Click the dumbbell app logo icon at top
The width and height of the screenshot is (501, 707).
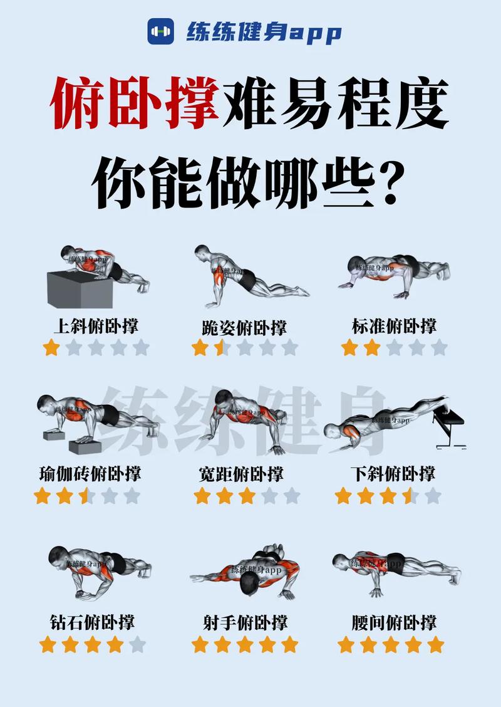click(161, 31)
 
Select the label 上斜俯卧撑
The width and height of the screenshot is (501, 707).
click(96, 326)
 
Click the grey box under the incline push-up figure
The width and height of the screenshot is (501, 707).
click(80, 290)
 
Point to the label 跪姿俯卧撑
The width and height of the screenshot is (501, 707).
click(244, 327)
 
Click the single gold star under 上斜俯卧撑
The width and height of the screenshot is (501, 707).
click(51, 348)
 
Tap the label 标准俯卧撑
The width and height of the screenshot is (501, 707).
click(394, 326)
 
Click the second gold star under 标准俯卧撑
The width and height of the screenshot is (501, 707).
click(372, 348)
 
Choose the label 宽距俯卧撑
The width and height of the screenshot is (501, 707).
click(240, 474)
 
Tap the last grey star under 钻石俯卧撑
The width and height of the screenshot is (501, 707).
click(138, 644)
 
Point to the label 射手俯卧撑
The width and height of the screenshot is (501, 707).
click(245, 622)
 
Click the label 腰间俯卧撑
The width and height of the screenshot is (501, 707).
click(394, 622)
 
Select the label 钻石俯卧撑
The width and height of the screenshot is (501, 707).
click(92, 622)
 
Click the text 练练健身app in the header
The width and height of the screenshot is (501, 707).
click(263, 31)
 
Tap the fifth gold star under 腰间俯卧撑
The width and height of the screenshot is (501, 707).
click(435, 644)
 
